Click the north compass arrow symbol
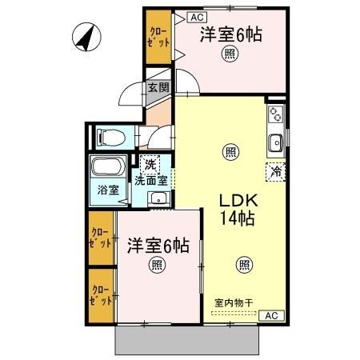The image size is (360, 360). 84,36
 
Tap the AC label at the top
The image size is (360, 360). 197,15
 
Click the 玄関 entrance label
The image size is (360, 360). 158,88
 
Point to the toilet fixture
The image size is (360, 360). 108,137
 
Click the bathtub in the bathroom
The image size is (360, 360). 106,169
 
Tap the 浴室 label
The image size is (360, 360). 108,190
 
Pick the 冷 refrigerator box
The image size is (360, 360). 276,170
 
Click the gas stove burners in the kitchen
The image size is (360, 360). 276,113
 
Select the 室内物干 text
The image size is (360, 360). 234,302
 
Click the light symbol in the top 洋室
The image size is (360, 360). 230,54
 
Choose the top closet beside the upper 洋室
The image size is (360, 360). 158,38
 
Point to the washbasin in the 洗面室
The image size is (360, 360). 159,198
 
